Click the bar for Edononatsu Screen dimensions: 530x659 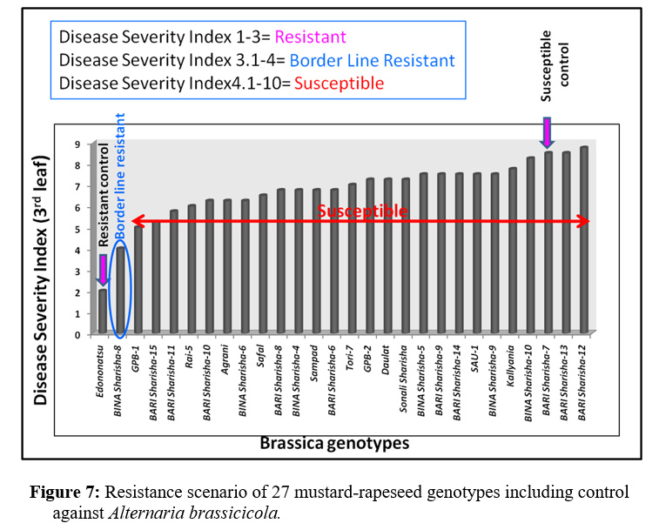[x=103, y=311]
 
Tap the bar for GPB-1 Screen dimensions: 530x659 [x=138, y=279]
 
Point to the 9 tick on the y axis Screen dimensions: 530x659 [x=78, y=144]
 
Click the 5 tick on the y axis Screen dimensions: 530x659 [x=78, y=229]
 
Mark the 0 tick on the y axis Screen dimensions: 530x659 [x=78, y=334]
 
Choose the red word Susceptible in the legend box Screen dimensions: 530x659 [x=339, y=84]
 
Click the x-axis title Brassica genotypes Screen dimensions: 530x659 [x=334, y=442]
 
